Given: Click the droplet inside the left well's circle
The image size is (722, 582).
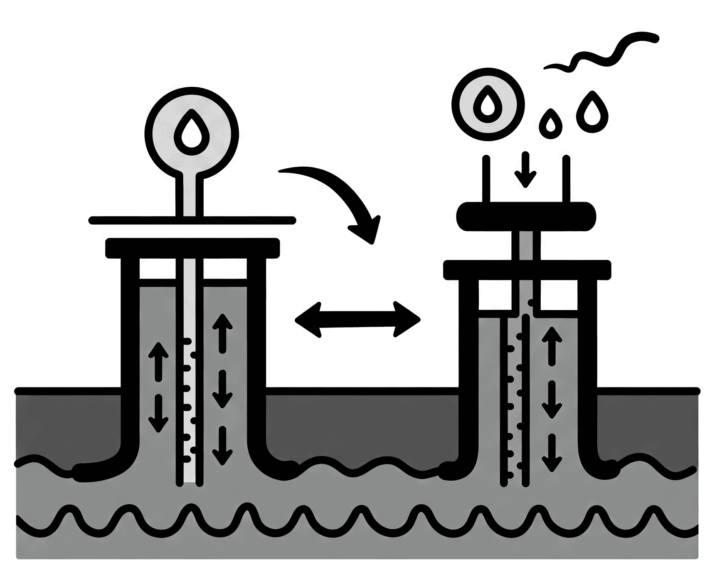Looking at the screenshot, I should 192,132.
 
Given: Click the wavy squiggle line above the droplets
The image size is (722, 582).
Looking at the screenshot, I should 603,54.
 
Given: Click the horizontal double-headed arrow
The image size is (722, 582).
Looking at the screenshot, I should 357,319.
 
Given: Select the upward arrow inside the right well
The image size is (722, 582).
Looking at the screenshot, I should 552,345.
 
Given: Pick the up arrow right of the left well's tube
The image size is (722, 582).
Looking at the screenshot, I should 222,333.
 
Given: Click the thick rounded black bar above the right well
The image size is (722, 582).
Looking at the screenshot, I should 526,217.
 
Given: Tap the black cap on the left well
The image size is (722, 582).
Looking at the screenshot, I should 192,248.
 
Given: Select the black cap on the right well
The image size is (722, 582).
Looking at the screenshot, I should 527,270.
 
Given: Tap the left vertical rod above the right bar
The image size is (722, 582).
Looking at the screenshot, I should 486,179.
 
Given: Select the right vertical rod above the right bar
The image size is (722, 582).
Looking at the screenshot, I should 566,179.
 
